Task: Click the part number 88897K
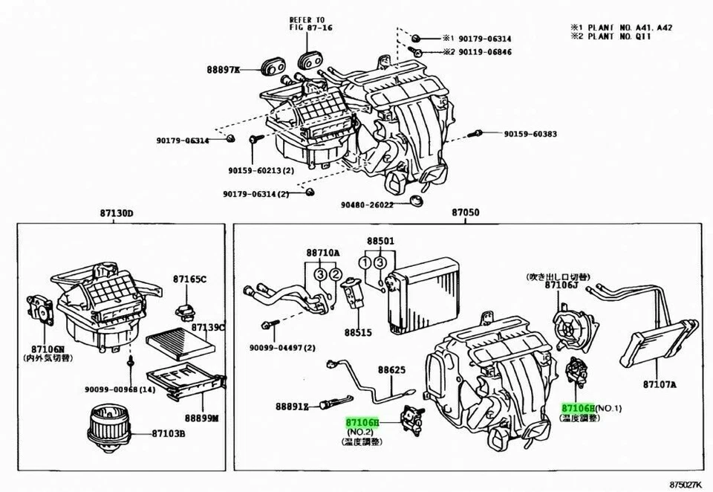pos(223,70)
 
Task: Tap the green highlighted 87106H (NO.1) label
pos(579,409)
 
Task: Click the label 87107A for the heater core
pos(660,385)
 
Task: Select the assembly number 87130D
pos(117,214)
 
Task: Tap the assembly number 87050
pos(466,214)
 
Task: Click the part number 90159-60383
pos(530,135)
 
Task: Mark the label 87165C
pos(190,279)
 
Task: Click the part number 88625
pos(391,369)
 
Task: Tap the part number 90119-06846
pos(483,52)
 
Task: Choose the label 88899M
pos(201,418)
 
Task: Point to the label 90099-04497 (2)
pos(282,347)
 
